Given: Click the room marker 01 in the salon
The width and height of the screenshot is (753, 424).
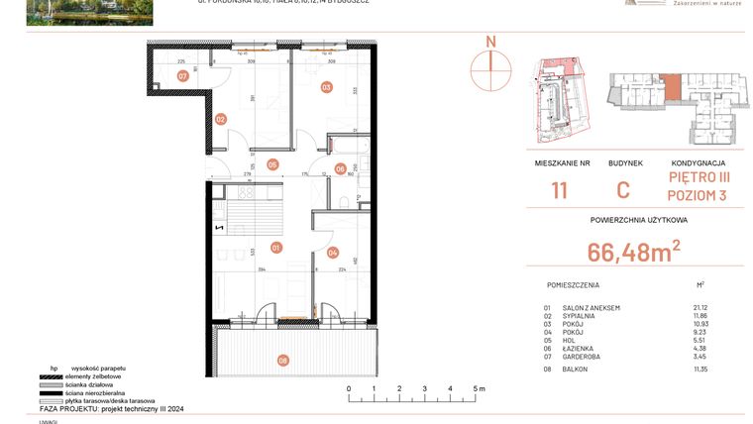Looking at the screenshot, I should (x=276, y=247).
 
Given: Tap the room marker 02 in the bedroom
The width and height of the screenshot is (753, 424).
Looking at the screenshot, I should (x=221, y=119).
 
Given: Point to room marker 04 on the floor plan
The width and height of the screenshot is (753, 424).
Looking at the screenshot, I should (x=333, y=252).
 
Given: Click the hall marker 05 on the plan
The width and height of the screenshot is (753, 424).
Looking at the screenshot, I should (x=271, y=164).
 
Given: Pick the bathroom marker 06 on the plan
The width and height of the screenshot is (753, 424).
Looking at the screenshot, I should (x=340, y=168).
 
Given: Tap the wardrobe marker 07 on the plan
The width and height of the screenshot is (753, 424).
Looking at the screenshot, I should (x=183, y=75).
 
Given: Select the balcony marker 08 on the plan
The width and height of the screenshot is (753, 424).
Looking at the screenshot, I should (x=284, y=360).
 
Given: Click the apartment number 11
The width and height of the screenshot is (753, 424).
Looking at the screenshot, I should (x=560, y=191).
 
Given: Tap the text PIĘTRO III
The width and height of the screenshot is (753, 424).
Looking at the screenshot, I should (x=699, y=178).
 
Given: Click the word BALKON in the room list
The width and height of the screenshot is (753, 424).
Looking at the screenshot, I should (x=574, y=369).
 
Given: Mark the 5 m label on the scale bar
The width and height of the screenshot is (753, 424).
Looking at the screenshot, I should (x=480, y=389).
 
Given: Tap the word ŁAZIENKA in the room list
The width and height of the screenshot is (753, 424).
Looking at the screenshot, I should (x=577, y=347).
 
